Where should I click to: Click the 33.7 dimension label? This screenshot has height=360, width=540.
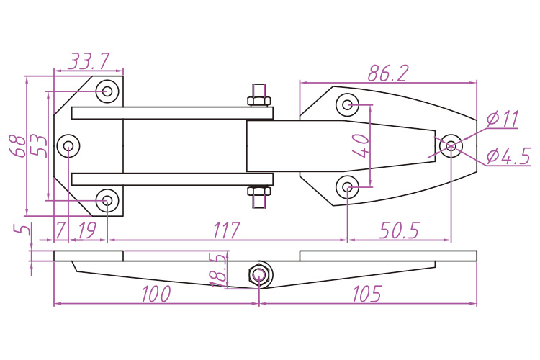pos(89,60)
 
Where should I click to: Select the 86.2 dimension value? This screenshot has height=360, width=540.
pos(388,73)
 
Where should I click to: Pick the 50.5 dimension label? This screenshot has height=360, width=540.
pos(398,230)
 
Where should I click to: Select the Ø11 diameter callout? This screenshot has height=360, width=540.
pos(503,119)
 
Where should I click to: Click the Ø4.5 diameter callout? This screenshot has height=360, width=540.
pos(508,156)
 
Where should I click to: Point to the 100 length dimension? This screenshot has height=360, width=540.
pos(156,294)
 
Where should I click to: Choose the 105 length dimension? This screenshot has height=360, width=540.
pos(366,294)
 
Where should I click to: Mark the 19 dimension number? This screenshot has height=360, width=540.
pos(86,230)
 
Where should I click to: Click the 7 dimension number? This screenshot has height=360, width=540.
pos(60,230)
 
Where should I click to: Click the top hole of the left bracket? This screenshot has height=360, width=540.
pos(107,91)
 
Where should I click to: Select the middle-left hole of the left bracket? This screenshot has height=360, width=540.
pos(68,146)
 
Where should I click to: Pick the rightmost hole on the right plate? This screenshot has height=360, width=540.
pos(451,145)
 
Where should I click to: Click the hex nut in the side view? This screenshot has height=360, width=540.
pos(259,274)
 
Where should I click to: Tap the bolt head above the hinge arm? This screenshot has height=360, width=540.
pos(259,99)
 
